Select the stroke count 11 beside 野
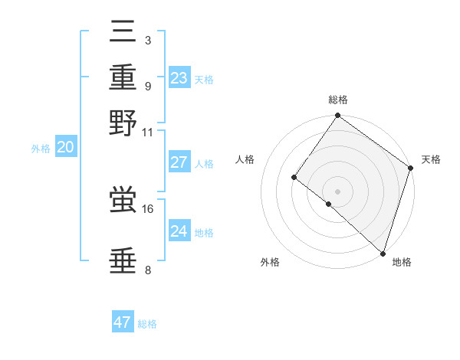click(148, 131)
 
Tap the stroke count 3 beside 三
click(148, 40)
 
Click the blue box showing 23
click(179, 78)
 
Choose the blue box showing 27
click(179, 162)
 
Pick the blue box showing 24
click(179, 231)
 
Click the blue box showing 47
click(123, 322)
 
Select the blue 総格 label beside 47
click(147, 324)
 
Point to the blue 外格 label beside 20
click(41, 149)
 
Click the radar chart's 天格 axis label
click(431, 159)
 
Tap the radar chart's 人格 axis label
click(245, 159)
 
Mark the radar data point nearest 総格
click(337, 116)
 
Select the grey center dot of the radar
click(337, 191)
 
